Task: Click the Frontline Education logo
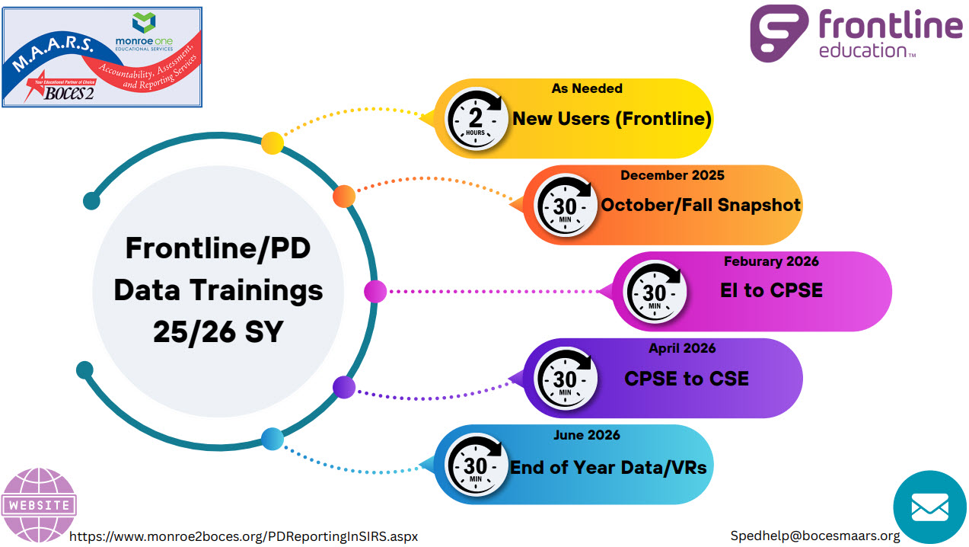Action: pos(856,34)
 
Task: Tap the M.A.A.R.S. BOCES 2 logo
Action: pos(102,57)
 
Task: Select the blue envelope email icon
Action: pos(929,507)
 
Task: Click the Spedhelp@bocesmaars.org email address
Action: pos(815,536)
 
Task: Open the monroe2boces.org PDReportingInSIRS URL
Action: pos(244,536)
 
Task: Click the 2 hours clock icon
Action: pos(477,119)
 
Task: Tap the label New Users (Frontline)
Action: pos(611,119)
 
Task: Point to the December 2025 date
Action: pos(672,175)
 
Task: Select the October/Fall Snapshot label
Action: pos(701,205)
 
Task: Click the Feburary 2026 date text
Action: pos(771,261)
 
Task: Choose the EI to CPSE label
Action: pos(771,291)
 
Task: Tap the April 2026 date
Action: pos(682,348)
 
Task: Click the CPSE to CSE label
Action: pos(687,378)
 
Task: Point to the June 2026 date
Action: pos(586,435)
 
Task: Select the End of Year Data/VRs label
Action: pos(608,467)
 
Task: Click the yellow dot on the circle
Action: pos(273,142)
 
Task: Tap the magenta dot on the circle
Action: pos(375,291)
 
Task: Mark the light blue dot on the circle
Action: pos(273,439)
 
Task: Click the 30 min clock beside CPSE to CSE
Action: pos(566,379)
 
